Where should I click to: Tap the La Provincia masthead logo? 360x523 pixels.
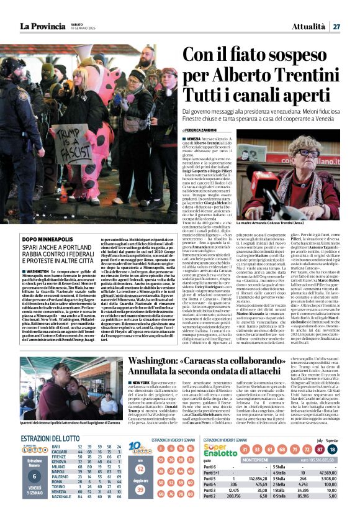tap(42, 26)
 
